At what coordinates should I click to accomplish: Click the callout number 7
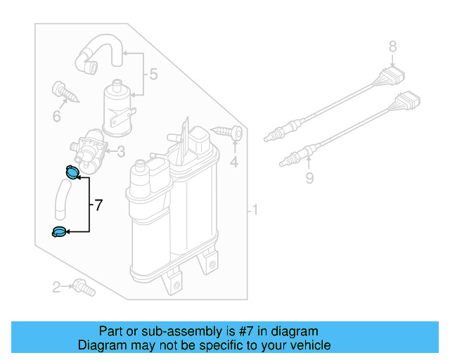(98, 205)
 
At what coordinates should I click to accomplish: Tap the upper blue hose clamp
(72, 171)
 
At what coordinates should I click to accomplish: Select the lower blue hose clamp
(59, 231)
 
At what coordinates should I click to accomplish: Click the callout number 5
(154, 74)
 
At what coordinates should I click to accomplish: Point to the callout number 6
(56, 115)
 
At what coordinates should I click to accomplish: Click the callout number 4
(234, 163)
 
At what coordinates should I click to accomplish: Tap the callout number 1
(256, 210)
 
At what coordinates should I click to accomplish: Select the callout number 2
(56, 286)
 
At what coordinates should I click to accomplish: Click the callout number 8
(393, 48)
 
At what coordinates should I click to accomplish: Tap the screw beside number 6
(63, 91)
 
